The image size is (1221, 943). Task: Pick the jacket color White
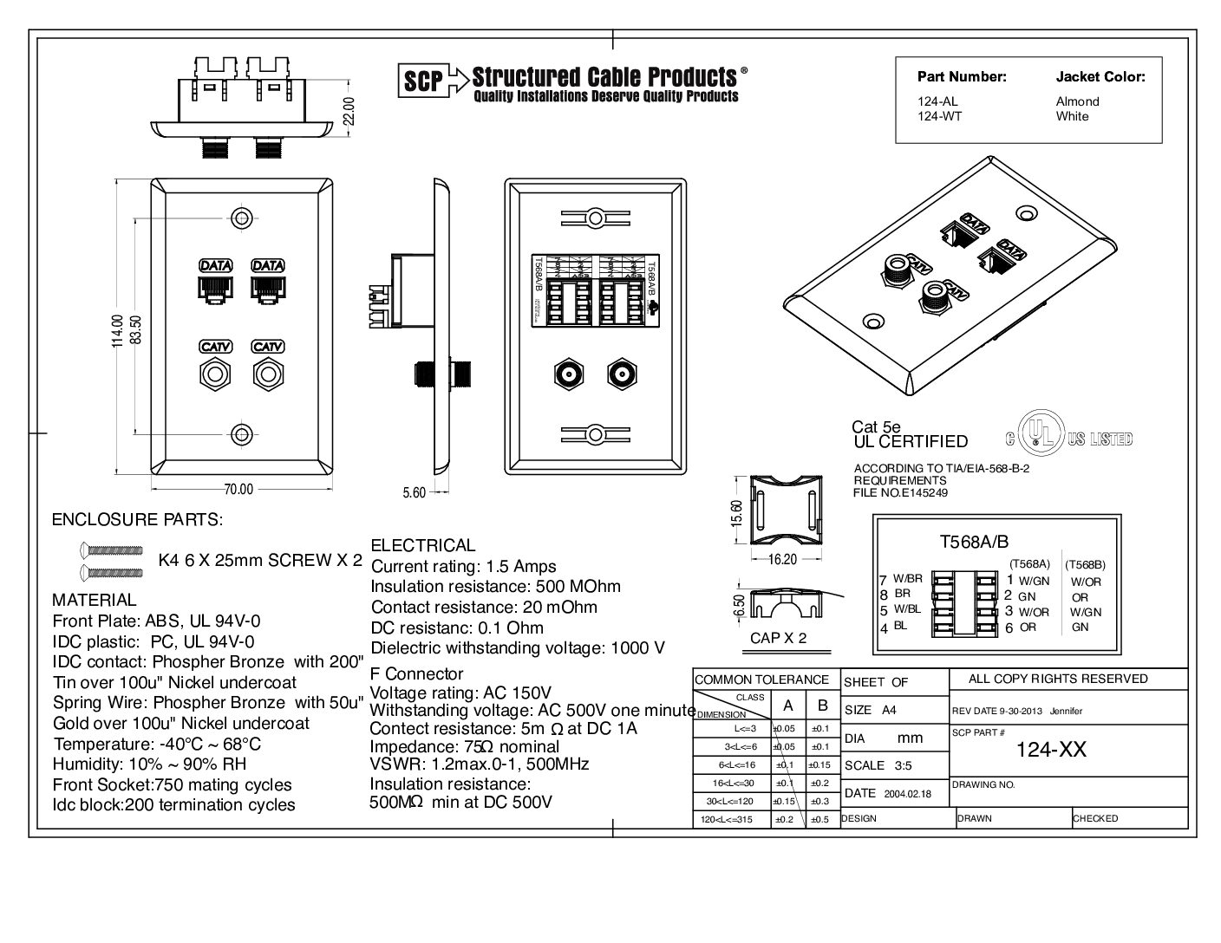(x=1072, y=116)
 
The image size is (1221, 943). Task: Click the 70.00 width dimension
(x=238, y=490)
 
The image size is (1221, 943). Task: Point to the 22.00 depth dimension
(x=349, y=111)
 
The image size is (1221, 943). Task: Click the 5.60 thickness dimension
(x=415, y=493)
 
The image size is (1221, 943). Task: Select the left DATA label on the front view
(x=215, y=265)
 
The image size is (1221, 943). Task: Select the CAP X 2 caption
(x=778, y=638)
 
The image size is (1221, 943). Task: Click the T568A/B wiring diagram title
(x=974, y=542)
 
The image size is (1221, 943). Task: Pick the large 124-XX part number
(x=1051, y=750)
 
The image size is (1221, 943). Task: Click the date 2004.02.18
(x=907, y=793)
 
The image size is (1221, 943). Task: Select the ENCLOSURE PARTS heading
(x=137, y=520)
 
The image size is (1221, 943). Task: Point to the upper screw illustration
(x=110, y=550)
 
